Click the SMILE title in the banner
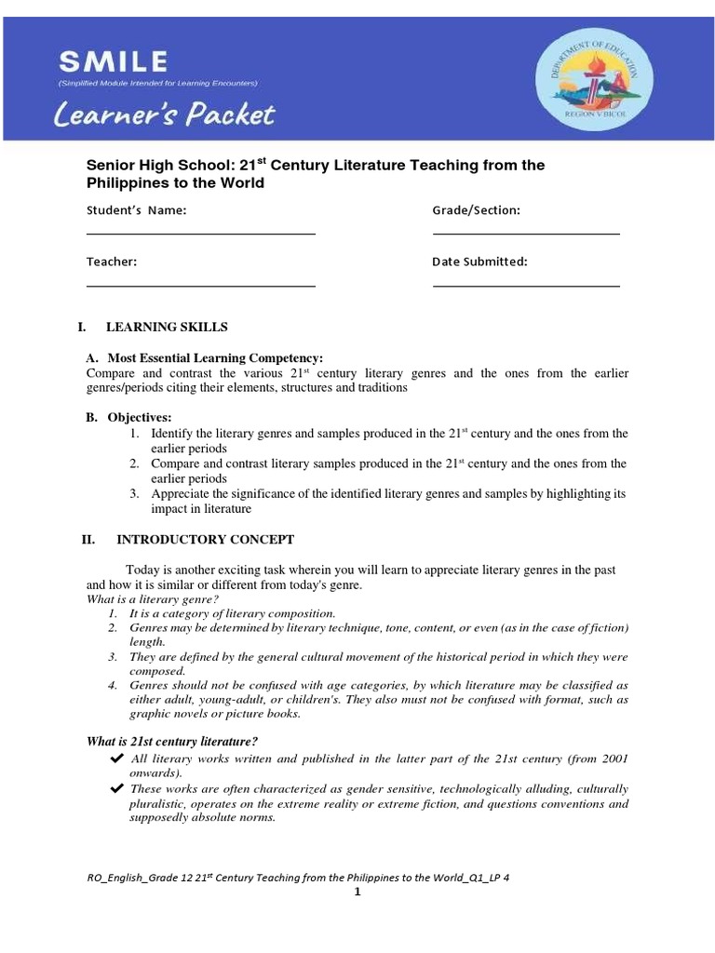click(114, 63)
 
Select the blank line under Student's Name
click(200, 234)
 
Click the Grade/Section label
click(476, 210)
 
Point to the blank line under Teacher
click(200, 286)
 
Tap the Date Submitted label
click(479, 262)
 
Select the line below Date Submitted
click(526, 286)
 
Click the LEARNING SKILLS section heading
click(167, 328)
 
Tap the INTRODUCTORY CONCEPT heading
click(205, 540)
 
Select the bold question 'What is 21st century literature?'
click(171, 741)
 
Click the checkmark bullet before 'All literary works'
click(117, 759)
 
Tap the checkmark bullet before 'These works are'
click(117, 789)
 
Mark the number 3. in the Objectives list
click(135, 494)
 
